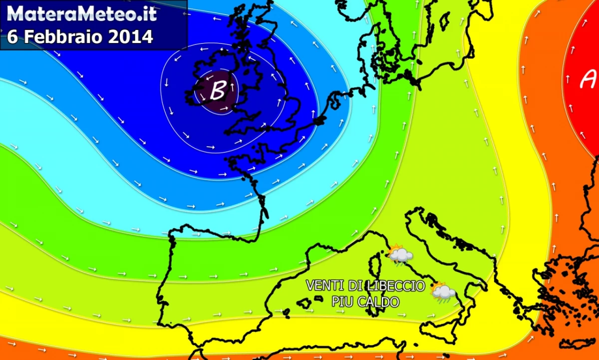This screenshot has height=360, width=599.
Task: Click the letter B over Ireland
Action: coord(218,91)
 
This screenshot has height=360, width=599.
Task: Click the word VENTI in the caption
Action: coord(322,286)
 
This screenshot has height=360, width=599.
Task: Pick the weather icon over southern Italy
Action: coord(443,293)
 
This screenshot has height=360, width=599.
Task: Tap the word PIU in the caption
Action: coord(342,302)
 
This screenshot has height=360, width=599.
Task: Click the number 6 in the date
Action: coord(12,37)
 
